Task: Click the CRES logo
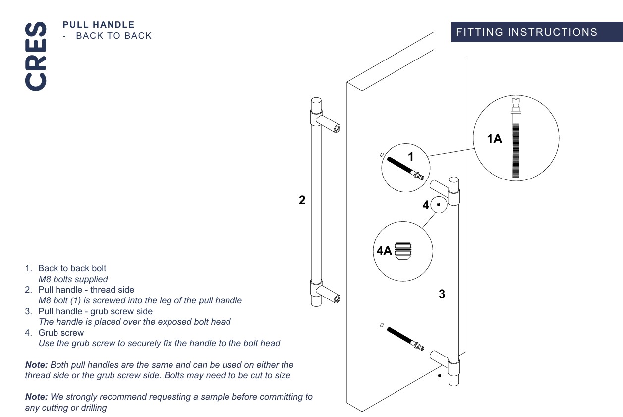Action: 36,56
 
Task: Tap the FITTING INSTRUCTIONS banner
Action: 526,32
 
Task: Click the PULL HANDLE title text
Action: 99,24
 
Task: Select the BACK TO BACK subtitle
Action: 113,36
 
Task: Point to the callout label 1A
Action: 494,139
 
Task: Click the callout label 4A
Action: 385,251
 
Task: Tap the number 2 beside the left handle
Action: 302,200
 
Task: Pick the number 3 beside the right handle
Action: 442,294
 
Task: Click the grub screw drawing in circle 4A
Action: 403,250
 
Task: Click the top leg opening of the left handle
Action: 337,128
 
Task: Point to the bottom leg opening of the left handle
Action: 337,298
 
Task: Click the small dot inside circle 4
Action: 438,204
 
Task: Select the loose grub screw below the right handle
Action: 440,376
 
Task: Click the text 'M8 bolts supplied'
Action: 73,279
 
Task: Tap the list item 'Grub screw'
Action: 61,333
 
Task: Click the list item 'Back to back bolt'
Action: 72,268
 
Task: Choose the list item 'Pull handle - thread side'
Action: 86,290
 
